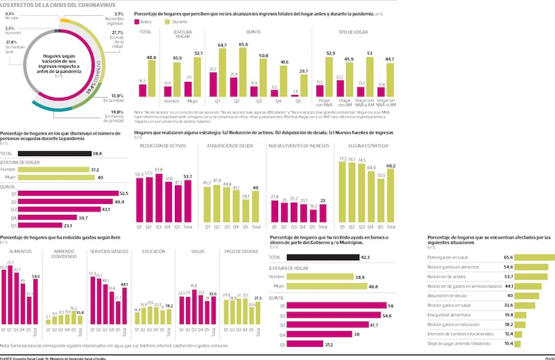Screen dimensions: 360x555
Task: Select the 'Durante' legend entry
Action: point(174,22)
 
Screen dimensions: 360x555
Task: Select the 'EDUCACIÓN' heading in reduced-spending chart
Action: point(153,251)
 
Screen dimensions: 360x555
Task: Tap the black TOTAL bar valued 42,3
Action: point(320,257)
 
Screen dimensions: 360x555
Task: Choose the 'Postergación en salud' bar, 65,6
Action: point(527,257)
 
